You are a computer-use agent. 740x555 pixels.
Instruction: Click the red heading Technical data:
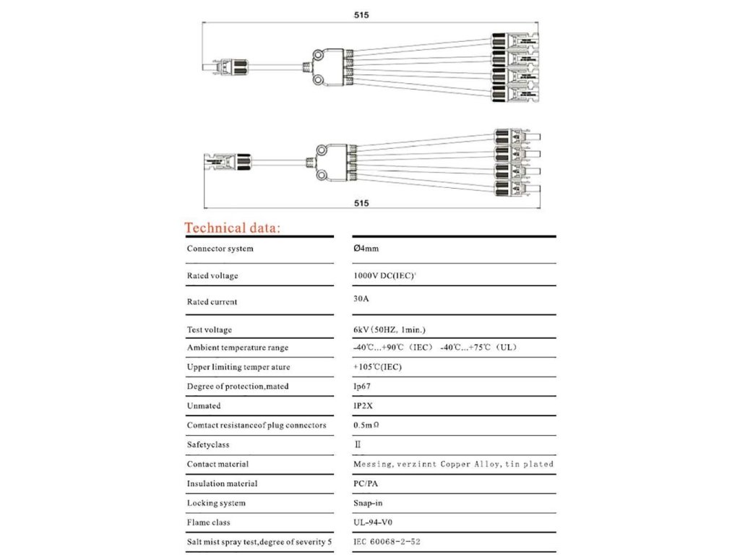coord(232,228)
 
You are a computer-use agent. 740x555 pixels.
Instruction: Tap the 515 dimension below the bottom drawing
coord(362,204)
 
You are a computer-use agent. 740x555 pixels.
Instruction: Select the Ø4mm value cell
coord(366,249)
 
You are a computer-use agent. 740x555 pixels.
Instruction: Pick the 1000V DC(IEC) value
coord(383,275)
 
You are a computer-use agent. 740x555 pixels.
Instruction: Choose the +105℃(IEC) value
coord(377,367)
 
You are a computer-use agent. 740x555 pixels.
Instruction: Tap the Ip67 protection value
coord(361,387)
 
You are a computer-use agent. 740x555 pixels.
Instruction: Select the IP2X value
coord(363,406)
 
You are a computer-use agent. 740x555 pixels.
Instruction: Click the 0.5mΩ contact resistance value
coord(366,426)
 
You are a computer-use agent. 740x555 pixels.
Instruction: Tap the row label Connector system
coord(220,249)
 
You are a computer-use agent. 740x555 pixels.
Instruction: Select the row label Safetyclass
coord(208,445)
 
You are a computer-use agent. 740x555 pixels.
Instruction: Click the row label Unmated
coord(204,406)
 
